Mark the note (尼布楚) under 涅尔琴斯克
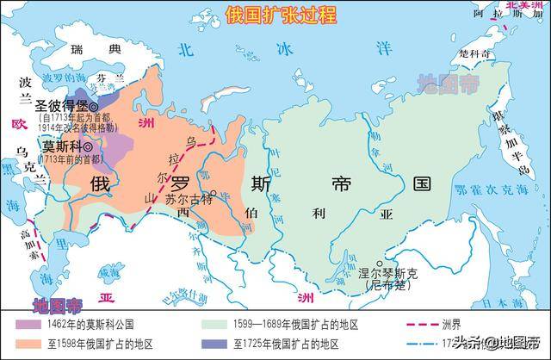384,284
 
